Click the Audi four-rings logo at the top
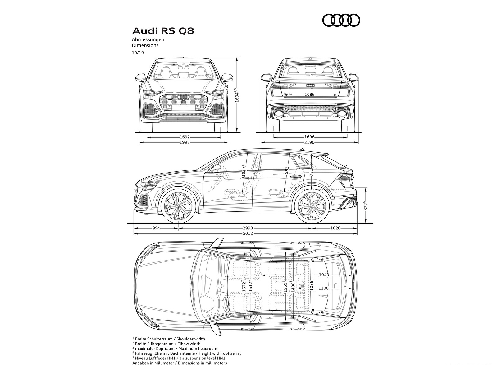coord(341,21)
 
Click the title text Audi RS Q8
coord(163,31)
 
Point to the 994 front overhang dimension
coord(156,228)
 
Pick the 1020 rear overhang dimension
coord(335,228)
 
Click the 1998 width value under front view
coord(185,142)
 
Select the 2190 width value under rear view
coord(309,142)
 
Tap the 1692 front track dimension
coord(185,137)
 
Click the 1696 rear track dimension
coord(309,137)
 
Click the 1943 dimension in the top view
coord(323,275)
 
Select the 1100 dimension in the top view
coord(323,288)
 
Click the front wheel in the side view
coord(178,206)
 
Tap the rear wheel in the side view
coord(312,206)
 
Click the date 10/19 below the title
coord(138,53)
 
